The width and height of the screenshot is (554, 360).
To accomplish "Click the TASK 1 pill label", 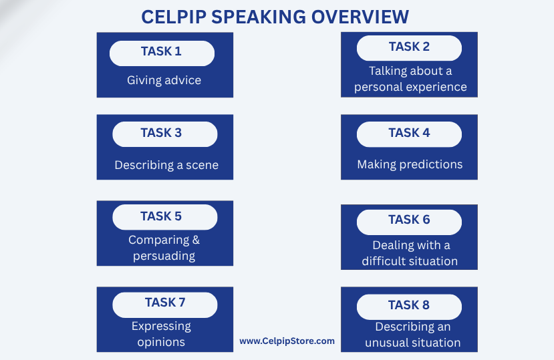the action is pyautogui.click(x=162, y=53).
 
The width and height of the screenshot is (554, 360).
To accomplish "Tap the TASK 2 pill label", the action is pyautogui.click(x=409, y=48).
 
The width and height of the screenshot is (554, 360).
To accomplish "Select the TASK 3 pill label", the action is pyautogui.click(x=164, y=134).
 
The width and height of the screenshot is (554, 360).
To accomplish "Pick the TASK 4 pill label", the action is pyautogui.click(x=409, y=134).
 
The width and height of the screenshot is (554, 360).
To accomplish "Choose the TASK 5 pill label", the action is pyautogui.click(x=164, y=217).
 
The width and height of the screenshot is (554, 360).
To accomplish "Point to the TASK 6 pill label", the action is pyautogui.click(x=409, y=222).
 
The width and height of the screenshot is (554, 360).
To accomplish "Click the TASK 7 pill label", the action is pyautogui.click(x=164, y=305).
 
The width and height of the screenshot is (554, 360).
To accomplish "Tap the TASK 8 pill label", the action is pyautogui.click(x=409, y=307).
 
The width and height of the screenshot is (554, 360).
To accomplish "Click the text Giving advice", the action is pyautogui.click(x=164, y=81).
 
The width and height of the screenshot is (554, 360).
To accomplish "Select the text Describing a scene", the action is pyautogui.click(x=166, y=165).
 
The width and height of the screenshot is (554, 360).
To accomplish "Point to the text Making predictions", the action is pyautogui.click(x=410, y=164).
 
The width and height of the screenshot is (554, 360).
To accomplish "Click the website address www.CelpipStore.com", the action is pyautogui.click(x=287, y=341).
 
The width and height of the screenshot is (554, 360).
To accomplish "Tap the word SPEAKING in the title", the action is pyautogui.click(x=259, y=17).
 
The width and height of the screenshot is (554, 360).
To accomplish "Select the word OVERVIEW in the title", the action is pyautogui.click(x=360, y=17).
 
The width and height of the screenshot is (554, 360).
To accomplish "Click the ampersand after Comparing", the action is pyautogui.click(x=196, y=240).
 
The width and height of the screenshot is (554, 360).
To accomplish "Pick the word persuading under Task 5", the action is pyautogui.click(x=164, y=256).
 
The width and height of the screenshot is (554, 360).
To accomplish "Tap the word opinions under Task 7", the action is pyautogui.click(x=161, y=343).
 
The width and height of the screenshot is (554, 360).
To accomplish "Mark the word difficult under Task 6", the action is pyautogui.click(x=379, y=261).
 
